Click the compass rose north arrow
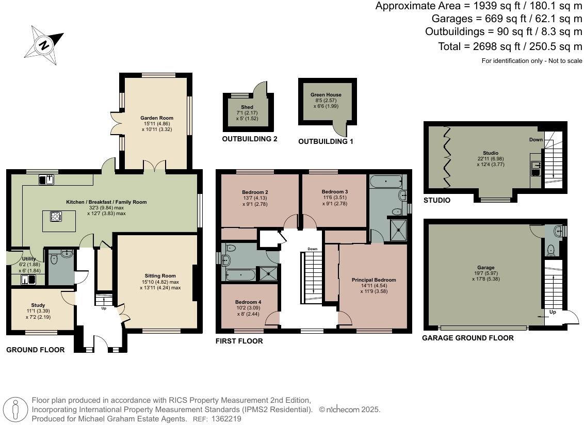coord(44,45)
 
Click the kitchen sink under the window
coord(47,179)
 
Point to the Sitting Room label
coord(160,276)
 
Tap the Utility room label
coord(28,258)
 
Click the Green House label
coord(326,95)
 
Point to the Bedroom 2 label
coord(255,192)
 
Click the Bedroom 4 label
coord(248,302)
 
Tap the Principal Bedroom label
coord(374,280)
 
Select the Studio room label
coord(490,153)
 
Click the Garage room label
coord(485,268)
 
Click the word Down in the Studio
coord(536,140)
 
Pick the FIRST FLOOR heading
coord(239,341)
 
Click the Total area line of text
coord(510,46)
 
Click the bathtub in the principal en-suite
coord(386,182)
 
